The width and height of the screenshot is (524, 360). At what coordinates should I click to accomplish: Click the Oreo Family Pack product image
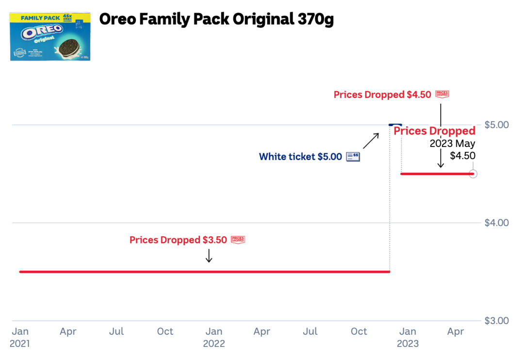pos(50,36)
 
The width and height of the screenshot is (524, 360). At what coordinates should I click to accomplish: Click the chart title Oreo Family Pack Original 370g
pos(216,19)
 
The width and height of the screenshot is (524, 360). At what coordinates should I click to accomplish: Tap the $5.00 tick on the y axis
pos(496,125)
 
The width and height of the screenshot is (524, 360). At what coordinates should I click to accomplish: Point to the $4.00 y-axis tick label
pos(496,223)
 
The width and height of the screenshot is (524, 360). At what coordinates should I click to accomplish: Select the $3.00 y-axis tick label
pos(496,321)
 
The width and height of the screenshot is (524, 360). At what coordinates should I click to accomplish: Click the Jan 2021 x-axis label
pos(20,337)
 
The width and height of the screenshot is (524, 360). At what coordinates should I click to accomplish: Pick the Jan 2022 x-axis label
pos(214,337)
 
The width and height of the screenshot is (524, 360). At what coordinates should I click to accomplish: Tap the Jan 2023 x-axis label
pos(408,337)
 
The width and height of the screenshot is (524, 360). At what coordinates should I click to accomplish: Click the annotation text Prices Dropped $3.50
pos(178,240)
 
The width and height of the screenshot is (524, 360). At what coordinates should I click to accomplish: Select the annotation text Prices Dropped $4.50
pos(382,95)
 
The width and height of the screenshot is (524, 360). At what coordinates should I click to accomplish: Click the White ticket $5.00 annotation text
pos(300,157)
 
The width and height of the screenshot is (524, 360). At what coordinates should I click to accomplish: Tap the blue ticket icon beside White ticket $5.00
pos(353,157)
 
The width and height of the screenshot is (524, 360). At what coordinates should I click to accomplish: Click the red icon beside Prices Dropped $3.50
pos(238,240)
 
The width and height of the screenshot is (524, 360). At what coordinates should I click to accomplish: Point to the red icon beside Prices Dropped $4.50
pos(442,95)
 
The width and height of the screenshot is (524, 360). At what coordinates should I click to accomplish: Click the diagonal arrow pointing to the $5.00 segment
pos(371,140)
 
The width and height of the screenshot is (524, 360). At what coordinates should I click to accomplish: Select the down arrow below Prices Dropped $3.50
pos(209,256)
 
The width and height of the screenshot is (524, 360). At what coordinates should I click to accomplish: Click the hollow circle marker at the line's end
pos(473,174)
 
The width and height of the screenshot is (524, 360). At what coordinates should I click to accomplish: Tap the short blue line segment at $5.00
pos(395,125)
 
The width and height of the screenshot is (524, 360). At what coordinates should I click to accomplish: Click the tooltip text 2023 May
pos(452,144)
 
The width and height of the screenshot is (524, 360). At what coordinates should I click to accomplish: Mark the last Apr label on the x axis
pos(456,332)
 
